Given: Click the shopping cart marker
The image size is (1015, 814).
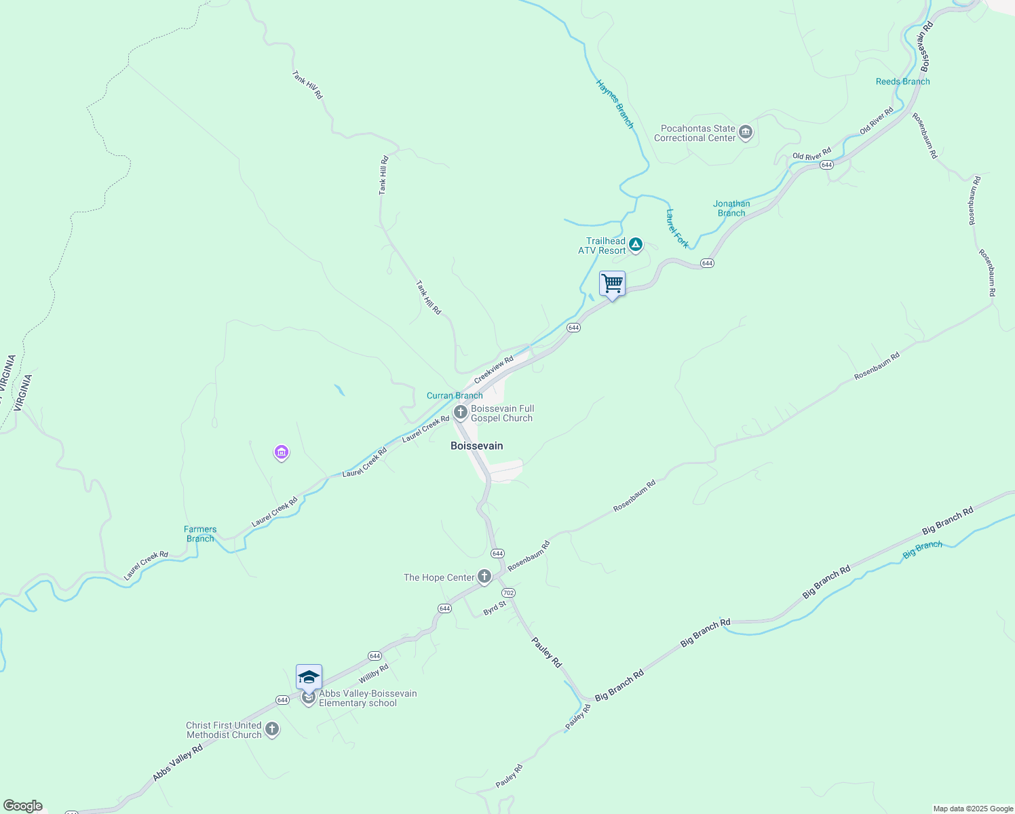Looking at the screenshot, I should coord(612,284).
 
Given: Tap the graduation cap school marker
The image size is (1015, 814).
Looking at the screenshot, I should coord(309,678).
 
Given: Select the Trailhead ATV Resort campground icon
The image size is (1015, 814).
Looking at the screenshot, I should coord(636,245).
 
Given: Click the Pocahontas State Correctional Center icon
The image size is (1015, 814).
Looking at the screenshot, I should coord(746,132).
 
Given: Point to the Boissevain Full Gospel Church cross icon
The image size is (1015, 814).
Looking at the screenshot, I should coord(460,412).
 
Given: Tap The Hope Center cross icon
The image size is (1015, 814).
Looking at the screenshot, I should coord(484,577).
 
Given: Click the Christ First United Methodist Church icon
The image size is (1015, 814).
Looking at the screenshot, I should coord(272,730).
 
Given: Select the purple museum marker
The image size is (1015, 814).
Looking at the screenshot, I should coord(282,452).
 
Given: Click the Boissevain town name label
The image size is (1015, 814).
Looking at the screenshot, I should coord(477,446).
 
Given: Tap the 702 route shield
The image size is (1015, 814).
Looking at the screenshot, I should coord(508,593).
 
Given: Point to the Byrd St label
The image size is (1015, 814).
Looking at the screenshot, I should coord(495,608).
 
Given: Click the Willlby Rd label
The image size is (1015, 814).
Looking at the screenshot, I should coord(374,674).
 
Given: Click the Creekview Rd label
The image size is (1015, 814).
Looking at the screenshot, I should coord(494,370).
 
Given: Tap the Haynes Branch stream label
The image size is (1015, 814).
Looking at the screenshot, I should coord(615,104).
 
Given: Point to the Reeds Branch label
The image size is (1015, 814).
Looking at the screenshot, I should coord(902,81).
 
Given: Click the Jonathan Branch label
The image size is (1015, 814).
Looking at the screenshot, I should coord(731,208).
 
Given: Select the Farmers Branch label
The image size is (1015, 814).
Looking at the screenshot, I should coord(200,534).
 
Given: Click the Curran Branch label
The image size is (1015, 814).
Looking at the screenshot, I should coord(455,395).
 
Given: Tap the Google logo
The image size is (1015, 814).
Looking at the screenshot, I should coord(23,806).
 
